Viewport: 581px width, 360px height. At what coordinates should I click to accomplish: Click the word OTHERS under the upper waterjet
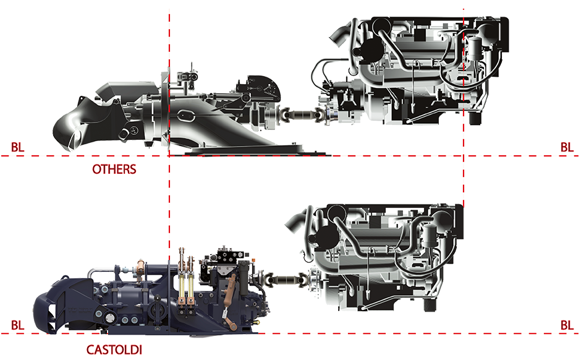[x=114, y=168]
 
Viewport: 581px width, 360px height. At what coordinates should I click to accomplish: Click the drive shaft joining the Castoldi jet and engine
[x=285, y=281]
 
